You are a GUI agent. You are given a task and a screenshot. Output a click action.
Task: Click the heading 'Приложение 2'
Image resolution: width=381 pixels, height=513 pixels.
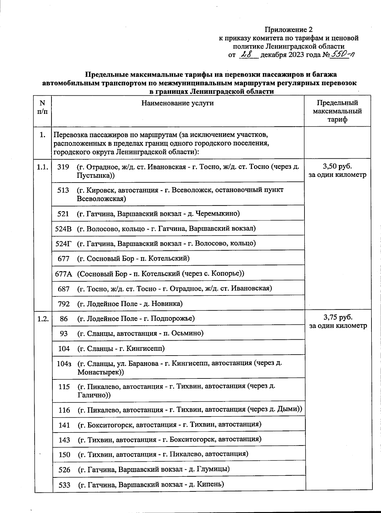click(x=289, y=30)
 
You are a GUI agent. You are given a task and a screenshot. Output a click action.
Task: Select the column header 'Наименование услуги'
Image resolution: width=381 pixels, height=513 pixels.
click(x=177, y=103)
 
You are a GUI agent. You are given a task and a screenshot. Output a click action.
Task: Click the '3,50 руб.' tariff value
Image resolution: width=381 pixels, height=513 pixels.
click(x=338, y=166)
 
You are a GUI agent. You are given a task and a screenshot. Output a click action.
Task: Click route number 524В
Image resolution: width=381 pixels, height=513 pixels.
click(x=63, y=229)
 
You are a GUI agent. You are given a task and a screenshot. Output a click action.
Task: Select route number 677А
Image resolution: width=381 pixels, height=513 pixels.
click(x=63, y=274)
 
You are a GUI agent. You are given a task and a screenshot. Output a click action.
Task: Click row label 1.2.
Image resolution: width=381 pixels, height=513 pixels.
click(x=43, y=319)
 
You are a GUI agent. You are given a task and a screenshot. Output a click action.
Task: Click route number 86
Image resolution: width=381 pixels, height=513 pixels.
click(x=63, y=319)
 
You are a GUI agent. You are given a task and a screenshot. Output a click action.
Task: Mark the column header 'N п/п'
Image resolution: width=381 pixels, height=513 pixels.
click(x=43, y=107)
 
